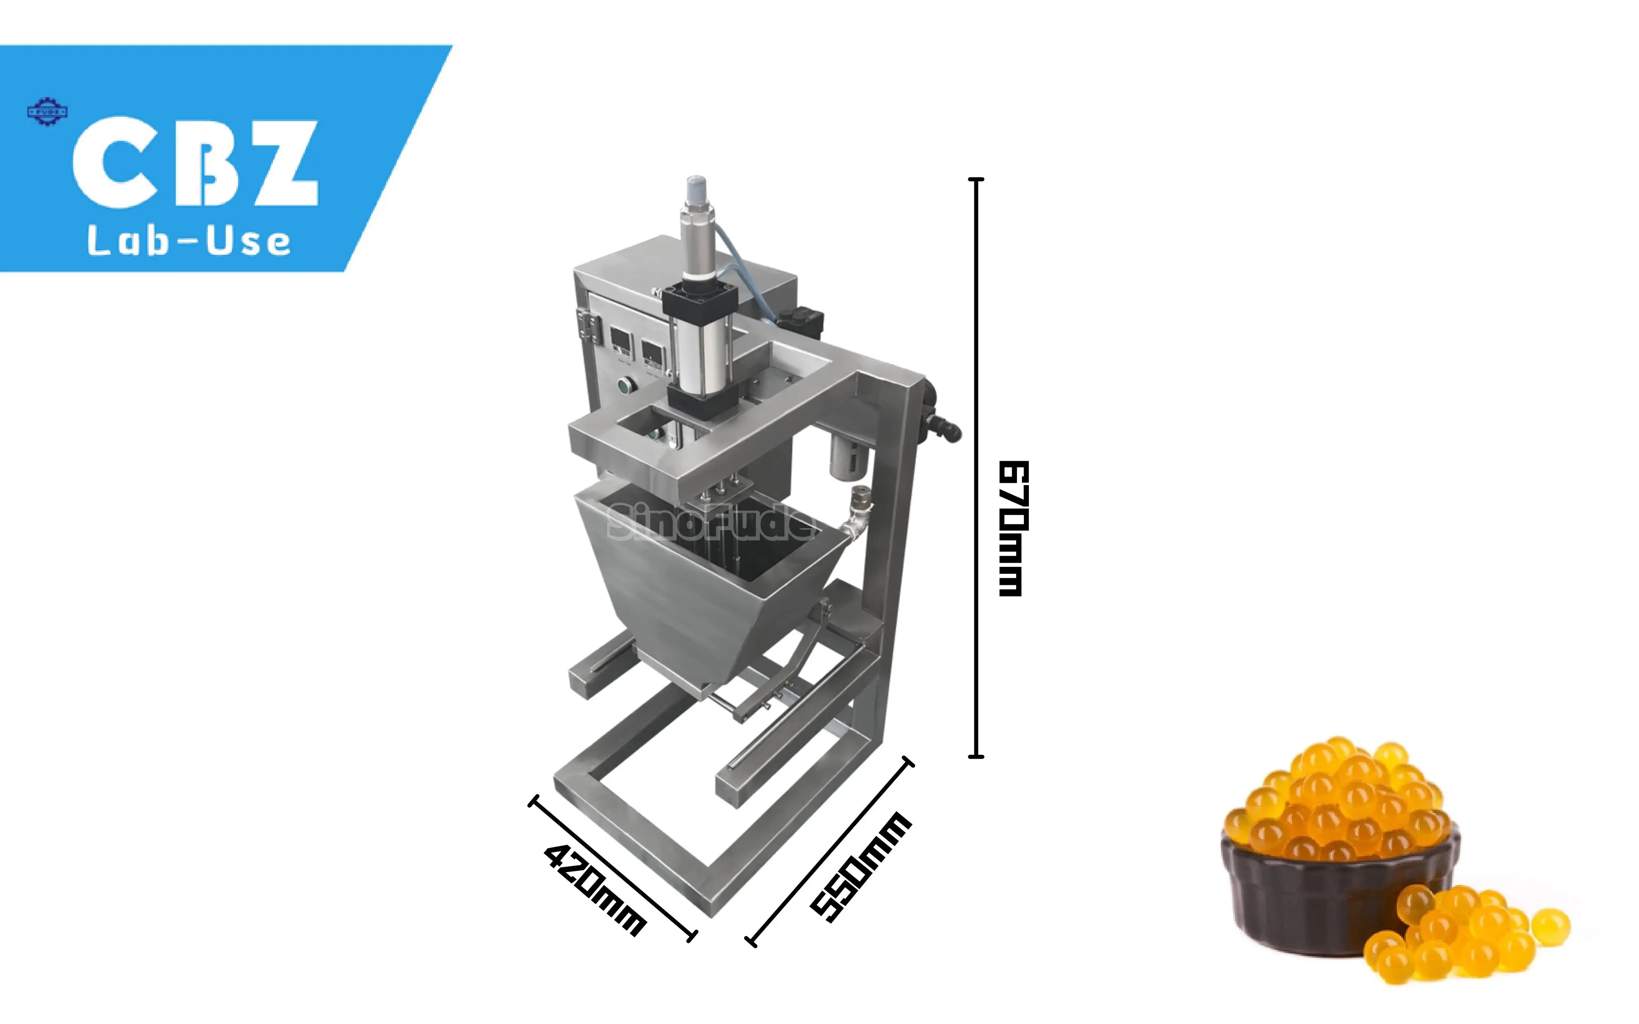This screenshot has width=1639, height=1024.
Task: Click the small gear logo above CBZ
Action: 47,112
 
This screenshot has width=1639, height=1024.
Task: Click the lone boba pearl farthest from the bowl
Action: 1551,926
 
